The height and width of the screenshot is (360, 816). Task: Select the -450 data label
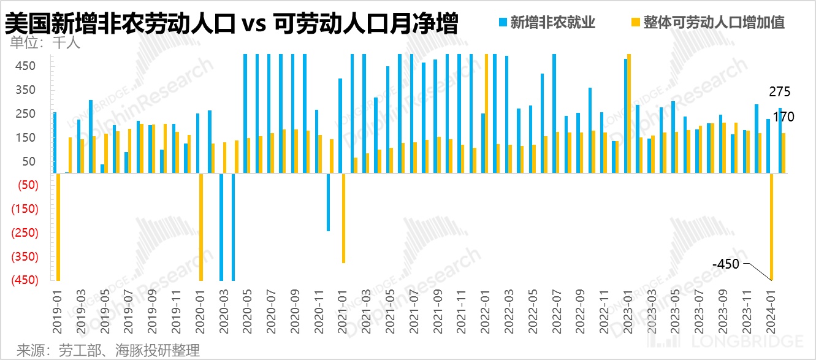[x=726, y=264]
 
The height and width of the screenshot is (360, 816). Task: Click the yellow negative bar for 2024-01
[x=771, y=227]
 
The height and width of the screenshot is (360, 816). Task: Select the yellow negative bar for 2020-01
[x=200, y=227]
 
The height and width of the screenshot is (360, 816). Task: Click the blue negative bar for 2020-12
[x=329, y=202]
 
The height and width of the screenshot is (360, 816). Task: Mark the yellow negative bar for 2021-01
[x=343, y=218]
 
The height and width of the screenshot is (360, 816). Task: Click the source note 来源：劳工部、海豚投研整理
[x=108, y=351]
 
